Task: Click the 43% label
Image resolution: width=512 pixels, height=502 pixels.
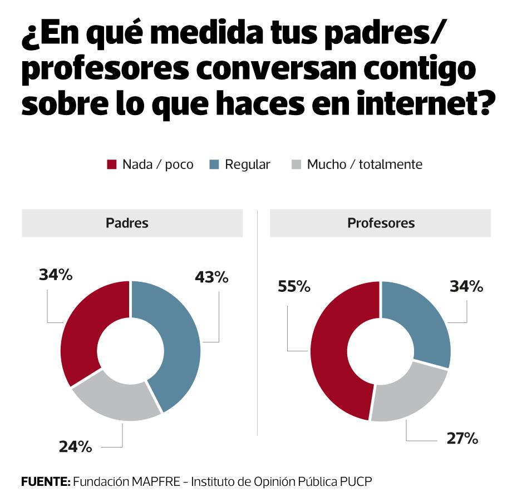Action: pos(211,277)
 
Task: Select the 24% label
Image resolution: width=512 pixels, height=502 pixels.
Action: pos(75,446)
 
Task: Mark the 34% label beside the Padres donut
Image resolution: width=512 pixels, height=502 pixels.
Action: pos(56,274)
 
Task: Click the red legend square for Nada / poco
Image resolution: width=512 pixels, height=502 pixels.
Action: pos(112,165)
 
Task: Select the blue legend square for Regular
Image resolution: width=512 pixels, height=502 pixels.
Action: pos(214,165)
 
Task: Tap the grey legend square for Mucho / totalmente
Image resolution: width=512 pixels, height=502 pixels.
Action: pos(297,165)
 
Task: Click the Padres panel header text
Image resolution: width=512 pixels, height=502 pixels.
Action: pos(127,223)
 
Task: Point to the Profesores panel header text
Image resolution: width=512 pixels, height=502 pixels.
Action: pos(381,223)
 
